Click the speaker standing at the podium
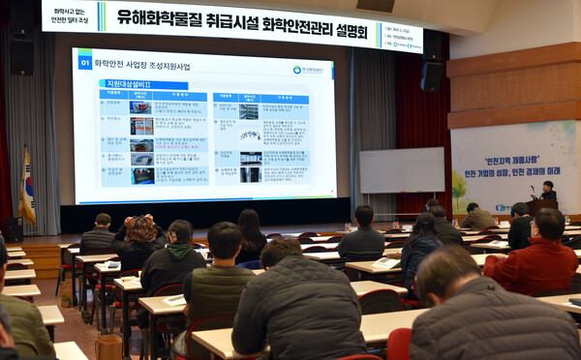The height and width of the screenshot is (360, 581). click(548, 191)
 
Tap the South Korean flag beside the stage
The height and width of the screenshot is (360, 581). click(27, 188)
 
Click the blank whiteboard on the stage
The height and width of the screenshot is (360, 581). click(402, 170)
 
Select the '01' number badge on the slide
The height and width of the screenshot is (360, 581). click(85, 62)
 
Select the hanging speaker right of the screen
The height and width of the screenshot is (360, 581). click(432, 75)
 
